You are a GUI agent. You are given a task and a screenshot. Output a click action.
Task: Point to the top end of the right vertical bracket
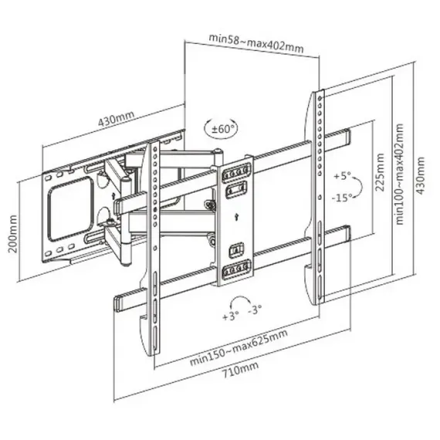point(318,94)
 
